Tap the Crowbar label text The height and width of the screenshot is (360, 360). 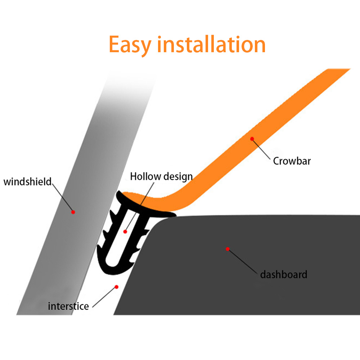pos(292,161)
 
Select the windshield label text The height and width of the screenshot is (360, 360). pos(28,181)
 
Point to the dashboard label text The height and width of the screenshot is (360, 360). pos(284,275)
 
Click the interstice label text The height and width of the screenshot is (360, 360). pos(68,306)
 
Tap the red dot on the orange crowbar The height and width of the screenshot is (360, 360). pos(252,139)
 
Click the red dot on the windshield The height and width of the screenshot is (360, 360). pos(73,212)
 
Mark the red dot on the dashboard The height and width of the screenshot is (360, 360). pos(228,248)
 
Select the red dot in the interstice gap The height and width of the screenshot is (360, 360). pos(116,287)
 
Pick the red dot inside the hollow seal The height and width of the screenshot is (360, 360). pos(125,231)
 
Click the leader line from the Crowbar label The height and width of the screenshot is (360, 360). pos(262,149)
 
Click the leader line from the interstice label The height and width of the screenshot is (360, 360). pos(104,297)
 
